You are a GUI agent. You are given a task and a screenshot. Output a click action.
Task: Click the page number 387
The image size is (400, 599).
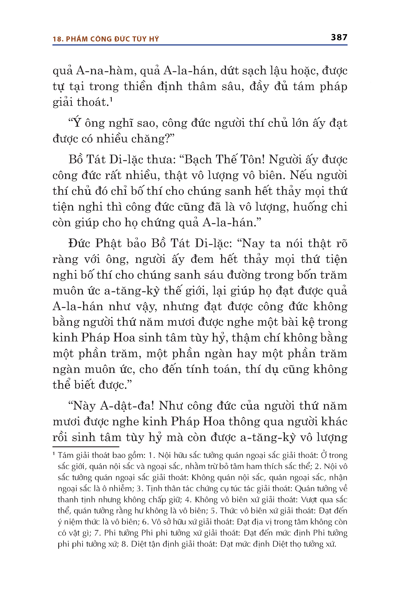[339, 37]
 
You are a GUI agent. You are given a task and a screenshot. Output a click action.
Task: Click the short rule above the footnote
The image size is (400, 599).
[86, 446]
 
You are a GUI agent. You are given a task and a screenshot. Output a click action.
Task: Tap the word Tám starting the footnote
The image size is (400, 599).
[66, 455]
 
